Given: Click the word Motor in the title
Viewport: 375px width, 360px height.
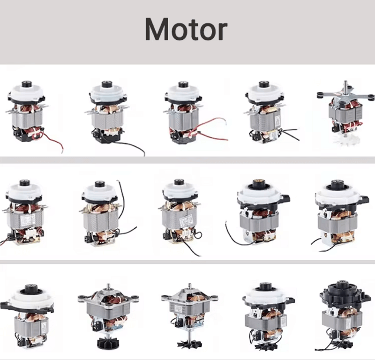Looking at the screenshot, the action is [186, 29].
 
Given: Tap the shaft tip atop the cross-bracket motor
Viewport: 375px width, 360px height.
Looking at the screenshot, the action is [345, 82].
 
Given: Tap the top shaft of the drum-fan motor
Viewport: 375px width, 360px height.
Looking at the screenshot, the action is [108, 286].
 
